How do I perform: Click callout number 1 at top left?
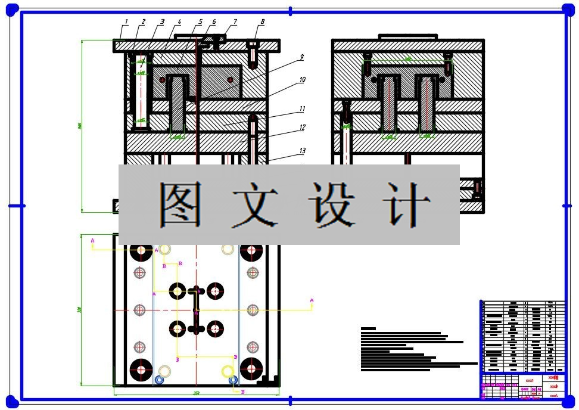pyautogui.click(x=126, y=22)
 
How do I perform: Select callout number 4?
pyautogui.click(x=179, y=22)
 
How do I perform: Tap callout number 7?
pyautogui.click(x=235, y=22)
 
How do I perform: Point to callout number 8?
pyautogui.click(x=262, y=22)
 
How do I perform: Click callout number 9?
pyautogui.click(x=302, y=57)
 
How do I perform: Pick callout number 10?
pyautogui.click(x=303, y=79)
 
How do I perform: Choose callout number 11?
pyautogui.click(x=303, y=109)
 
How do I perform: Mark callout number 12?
pyautogui.click(x=303, y=128)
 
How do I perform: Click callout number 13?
pyautogui.click(x=303, y=150)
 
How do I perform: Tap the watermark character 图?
pyautogui.click(x=179, y=204)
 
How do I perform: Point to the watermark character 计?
pyautogui.click(x=407, y=204)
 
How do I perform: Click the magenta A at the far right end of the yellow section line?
pyautogui.click(x=312, y=300)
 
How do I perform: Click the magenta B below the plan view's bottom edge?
pyautogui.click(x=242, y=392)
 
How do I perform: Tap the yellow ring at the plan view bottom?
pyautogui.click(x=227, y=371)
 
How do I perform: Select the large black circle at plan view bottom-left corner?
pyautogui.click(x=141, y=369)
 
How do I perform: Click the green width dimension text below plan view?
pyautogui.click(x=196, y=393)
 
